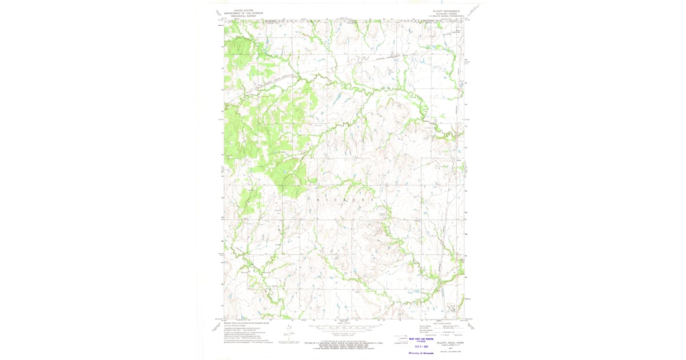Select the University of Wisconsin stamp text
(x=420, y=353)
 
